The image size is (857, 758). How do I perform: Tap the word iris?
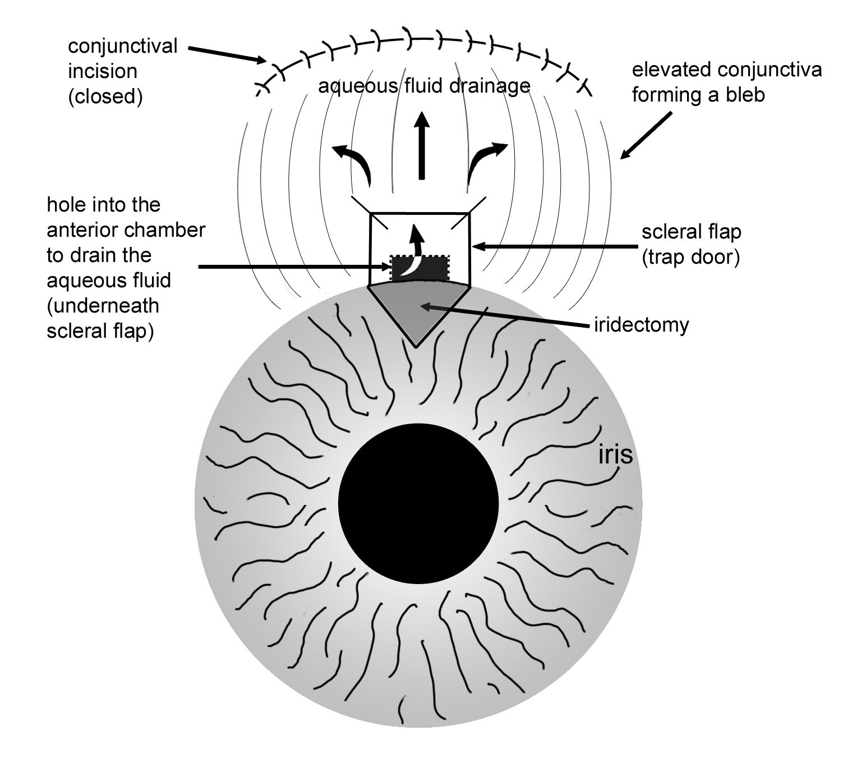coord(615,455)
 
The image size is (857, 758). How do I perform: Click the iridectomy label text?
coord(641,324)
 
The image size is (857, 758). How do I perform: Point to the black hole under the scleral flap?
coord(420,268)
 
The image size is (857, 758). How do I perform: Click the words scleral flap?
coord(691,232)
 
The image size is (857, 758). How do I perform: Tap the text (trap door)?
coord(691,257)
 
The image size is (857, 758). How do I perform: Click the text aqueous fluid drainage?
coord(424,86)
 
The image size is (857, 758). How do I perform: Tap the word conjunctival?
coord(122,46)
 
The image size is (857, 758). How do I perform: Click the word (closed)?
coord(105,97)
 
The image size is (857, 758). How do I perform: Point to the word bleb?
coord(743,95)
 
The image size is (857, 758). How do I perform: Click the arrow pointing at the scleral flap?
coord(555,246)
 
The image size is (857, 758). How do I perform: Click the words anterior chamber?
coord(126,230)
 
